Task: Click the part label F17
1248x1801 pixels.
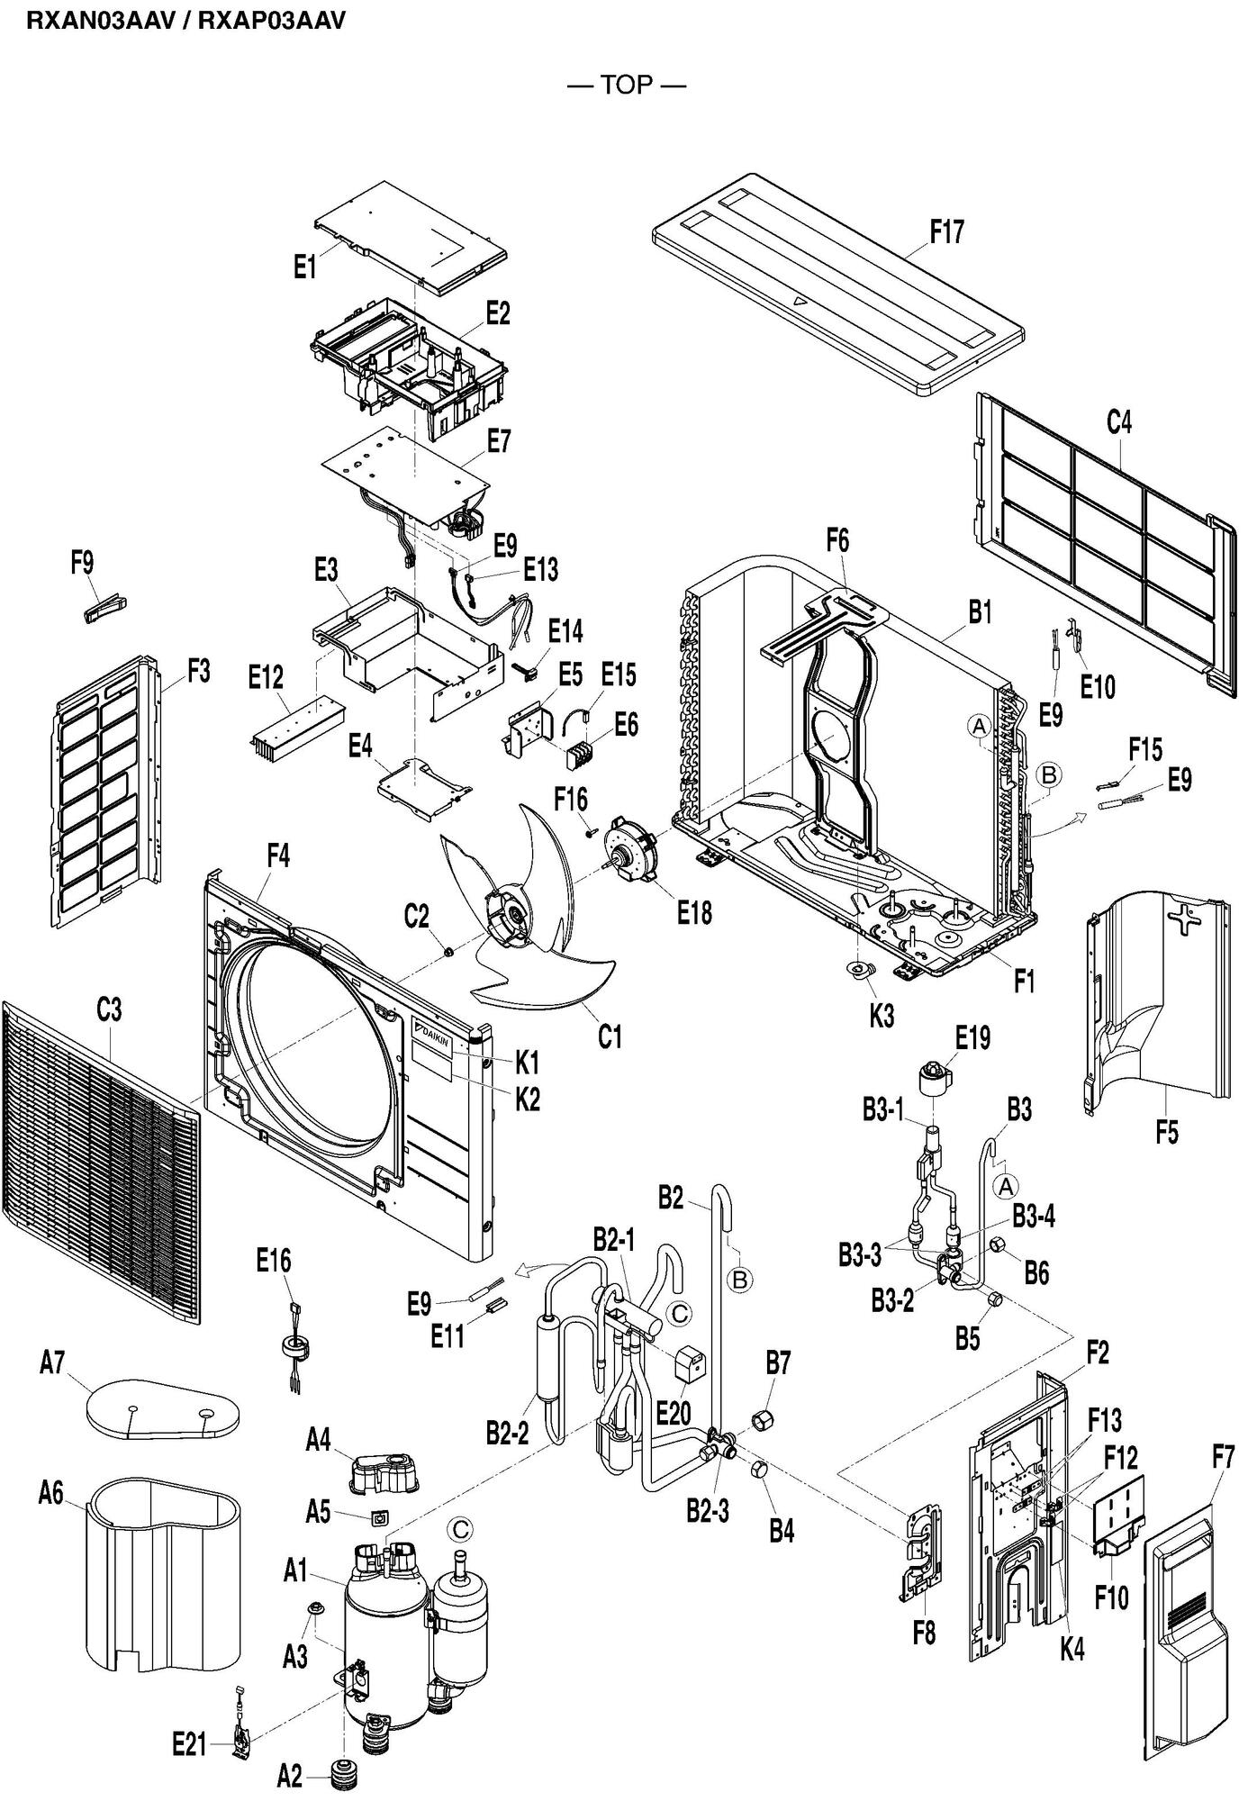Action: [x=946, y=232]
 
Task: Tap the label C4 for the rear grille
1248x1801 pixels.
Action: [x=1118, y=421]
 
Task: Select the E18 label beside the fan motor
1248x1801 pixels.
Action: [x=694, y=912]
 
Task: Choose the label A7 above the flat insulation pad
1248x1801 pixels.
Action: [x=52, y=1363]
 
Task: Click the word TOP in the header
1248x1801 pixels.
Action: [x=626, y=86]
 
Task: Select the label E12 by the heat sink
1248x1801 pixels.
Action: [x=266, y=678]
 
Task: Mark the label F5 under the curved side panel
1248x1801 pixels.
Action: [x=1166, y=1131]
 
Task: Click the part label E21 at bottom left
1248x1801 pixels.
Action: [x=190, y=1744]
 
